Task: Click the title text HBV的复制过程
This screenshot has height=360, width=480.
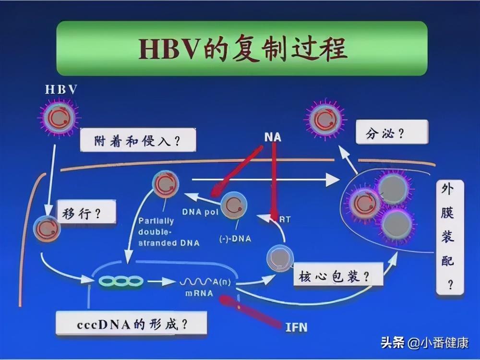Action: coord(242,48)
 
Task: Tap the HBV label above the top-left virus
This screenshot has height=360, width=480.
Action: coord(61,89)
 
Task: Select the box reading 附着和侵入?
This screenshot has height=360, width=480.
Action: coord(138,140)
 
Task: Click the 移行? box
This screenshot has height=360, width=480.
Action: coord(86,212)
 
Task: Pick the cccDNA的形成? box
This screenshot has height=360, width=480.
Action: coord(132,324)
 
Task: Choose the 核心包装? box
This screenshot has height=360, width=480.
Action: coord(338,275)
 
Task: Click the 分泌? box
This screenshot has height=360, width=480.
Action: coord(392,132)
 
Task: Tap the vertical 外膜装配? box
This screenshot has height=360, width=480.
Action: coord(450,238)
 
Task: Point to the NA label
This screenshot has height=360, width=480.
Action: coord(273,137)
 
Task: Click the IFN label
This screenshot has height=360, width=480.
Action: coord(296,327)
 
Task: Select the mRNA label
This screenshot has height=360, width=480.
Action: coord(199,293)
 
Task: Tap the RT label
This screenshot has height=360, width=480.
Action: coord(285,219)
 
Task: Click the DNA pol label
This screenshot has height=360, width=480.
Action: coord(200,212)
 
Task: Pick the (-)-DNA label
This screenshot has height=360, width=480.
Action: coord(235,239)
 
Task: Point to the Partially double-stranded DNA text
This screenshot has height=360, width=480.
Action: coord(168,232)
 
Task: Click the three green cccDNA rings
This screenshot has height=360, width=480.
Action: coord(120,281)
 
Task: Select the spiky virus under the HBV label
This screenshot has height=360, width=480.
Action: coord(59,117)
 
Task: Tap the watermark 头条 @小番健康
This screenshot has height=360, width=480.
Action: coord(425,343)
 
